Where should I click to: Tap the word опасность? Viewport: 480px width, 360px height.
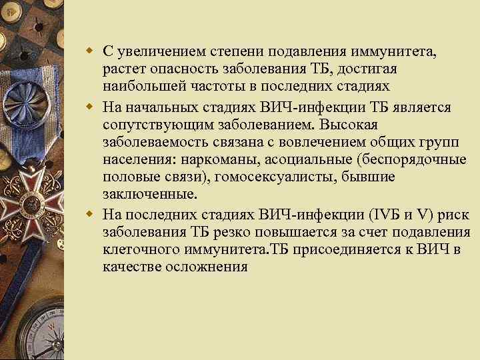click(x=185, y=70)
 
